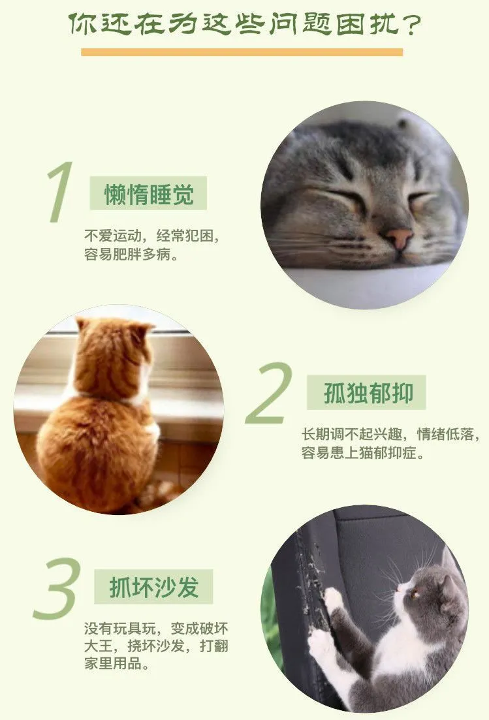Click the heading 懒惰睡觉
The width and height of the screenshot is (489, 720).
click(x=149, y=194)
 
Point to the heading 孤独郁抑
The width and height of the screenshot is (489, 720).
click(x=368, y=393)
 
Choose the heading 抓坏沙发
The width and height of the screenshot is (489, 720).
click(x=154, y=587)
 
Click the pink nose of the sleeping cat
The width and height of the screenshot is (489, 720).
click(x=398, y=238)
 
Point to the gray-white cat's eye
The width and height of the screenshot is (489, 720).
click(x=415, y=595)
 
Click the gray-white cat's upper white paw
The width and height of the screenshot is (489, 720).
click(x=332, y=599)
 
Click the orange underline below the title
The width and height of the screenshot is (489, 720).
click(x=242, y=52)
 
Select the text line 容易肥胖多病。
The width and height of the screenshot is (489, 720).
click(x=131, y=255)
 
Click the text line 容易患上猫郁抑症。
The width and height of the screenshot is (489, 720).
click(x=363, y=453)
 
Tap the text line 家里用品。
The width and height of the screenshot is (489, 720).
click(x=117, y=663)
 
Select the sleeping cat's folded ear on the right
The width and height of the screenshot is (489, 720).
click(x=406, y=125)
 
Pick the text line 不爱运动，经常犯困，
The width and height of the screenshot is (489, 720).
click(x=152, y=236)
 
